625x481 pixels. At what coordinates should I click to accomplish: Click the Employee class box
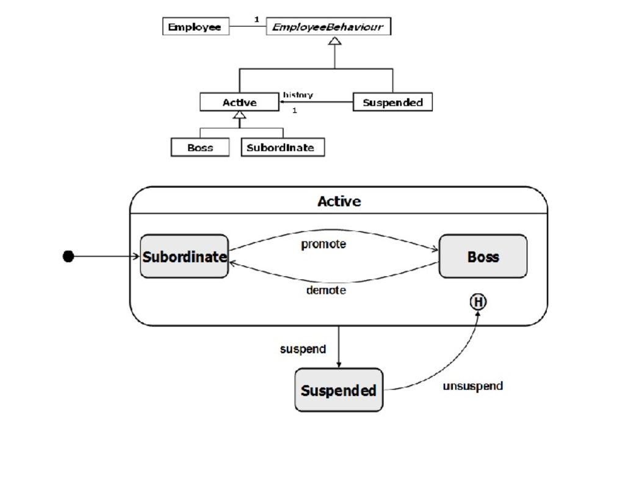(195, 27)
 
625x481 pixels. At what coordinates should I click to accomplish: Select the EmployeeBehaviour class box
(328, 27)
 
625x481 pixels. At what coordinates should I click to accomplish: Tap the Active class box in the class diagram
(239, 102)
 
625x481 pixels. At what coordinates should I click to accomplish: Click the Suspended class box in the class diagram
(392, 102)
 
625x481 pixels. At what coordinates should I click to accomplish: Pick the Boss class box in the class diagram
(200, 147)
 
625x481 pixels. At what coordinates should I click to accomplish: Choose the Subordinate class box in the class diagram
(282, 147)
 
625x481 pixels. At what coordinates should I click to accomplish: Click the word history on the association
(298, 95)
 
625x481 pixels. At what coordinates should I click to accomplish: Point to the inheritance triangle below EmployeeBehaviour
(335, 41)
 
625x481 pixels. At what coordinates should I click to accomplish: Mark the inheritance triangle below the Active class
(240, 115)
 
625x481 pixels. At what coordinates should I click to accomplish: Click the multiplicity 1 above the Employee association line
(257, 20)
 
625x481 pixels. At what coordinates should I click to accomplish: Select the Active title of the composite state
(339, 201)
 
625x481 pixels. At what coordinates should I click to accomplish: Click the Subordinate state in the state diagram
(184, 257)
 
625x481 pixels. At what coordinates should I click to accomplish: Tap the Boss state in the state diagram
(483, 257)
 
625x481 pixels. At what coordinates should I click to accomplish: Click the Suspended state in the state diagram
(339, 390)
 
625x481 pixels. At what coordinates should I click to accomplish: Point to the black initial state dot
(68, 257)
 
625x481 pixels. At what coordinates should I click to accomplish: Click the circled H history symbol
(478, 301)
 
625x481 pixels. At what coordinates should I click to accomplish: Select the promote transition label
(323, 244)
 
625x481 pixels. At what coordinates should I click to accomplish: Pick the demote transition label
(326, 290)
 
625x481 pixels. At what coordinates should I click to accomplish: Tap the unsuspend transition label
(473, 386)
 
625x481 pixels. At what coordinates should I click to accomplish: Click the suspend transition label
(303, 349)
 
